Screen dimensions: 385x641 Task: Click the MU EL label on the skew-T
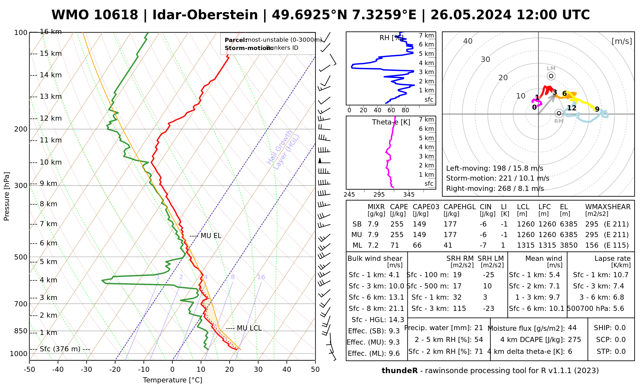(211, 236)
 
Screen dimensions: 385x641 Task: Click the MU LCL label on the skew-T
(249, 328)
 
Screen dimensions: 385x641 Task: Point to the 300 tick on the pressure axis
(21, 186)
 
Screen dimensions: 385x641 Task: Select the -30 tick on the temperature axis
(87, 370)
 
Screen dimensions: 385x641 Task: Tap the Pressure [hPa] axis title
(7, 196)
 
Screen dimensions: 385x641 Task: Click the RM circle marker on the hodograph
(559, 113)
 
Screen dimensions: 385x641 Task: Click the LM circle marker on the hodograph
(551, 76)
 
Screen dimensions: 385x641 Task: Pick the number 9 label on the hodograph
(597, 109)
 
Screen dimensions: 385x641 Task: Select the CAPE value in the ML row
(395, 245)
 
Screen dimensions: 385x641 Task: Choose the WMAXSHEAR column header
(608, 207)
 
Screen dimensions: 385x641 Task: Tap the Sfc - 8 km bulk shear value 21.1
(396, 309)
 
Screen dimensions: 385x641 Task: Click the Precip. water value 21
(479, 328)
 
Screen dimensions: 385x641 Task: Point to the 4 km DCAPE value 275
(574, 340)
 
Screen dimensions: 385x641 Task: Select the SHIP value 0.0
(620, 328)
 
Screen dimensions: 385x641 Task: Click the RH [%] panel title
(391, 38)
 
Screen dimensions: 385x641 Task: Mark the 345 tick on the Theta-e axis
(409, 195)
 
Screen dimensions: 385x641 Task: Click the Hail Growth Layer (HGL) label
(283, 150)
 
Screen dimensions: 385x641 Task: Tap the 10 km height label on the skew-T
(51, 162)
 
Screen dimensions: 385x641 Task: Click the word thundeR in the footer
(399, 371)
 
